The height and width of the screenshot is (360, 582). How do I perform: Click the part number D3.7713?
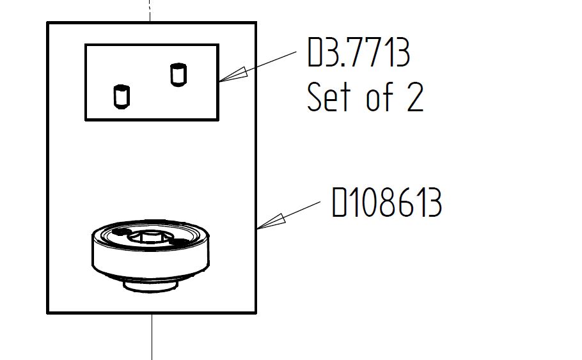(x=359, y=52)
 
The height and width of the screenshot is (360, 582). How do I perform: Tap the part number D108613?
(x=386, y=202)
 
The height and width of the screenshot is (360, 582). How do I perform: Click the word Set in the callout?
(x=329, y=97)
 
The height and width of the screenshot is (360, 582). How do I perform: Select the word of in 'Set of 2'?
(x=379, y=97)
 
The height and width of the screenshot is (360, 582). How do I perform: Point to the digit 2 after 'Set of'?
(x=415, y=97)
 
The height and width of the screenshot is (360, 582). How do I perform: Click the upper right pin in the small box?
(x=178, y=75)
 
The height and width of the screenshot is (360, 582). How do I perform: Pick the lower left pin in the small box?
(x=122, y=97)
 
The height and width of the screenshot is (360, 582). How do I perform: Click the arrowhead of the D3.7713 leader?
(x=233, y=75)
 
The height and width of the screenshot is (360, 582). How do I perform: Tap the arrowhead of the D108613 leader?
(x=271, y=221)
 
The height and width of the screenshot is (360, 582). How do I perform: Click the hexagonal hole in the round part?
(x=152, y=237)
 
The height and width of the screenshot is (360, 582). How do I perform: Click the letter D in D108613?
(x=339, y=202)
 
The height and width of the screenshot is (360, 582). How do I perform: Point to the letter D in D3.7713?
(x=315, y=52)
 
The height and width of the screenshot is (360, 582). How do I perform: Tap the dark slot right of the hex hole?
(x=180, y=242)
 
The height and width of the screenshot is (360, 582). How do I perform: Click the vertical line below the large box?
(x=152, y=337)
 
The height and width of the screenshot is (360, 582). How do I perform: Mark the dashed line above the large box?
(x=150, y=11)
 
